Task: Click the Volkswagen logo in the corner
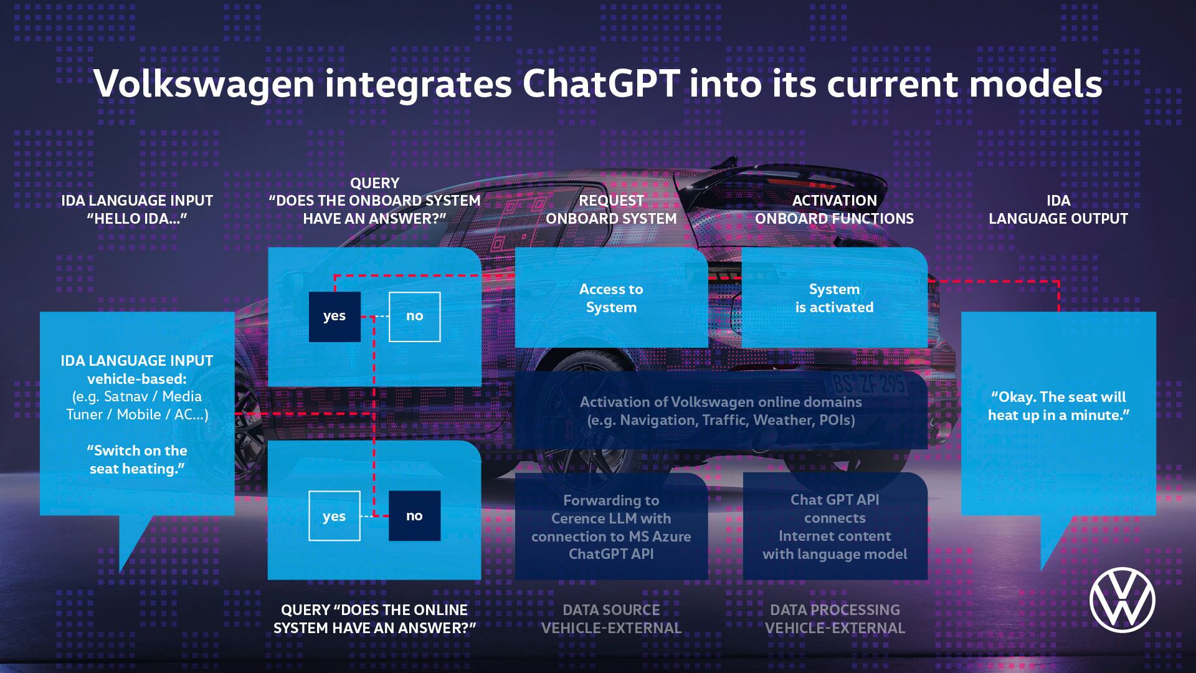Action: coord(1122,599)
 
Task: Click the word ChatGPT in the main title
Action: coord(600,84)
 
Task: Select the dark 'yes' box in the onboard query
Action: coord(335,317)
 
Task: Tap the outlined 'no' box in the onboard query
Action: coord(414,317)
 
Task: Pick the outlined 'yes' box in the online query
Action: coord(335,516)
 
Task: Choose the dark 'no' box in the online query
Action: coord(414,516)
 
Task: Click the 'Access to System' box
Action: coord(611,298)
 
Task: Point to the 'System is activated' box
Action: coord(834,298)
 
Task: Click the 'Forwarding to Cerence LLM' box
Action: coord(611,527)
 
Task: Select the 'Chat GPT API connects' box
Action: coord(835,527)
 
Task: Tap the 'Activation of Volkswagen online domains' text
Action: coord(721,411)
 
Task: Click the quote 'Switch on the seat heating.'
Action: coord(137,460)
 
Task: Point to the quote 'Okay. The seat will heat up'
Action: coord(1058,406)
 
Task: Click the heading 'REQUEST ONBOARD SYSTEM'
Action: coord(611,209)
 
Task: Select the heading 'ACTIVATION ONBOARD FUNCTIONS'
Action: coord(834,209)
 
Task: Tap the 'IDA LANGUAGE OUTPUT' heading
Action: coord(1058,209)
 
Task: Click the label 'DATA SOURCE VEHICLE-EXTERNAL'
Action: coord(611,619)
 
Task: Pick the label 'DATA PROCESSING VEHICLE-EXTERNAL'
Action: coord(835,619)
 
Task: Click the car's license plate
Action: coord(869,383)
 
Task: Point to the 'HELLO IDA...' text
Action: coord(137,219)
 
